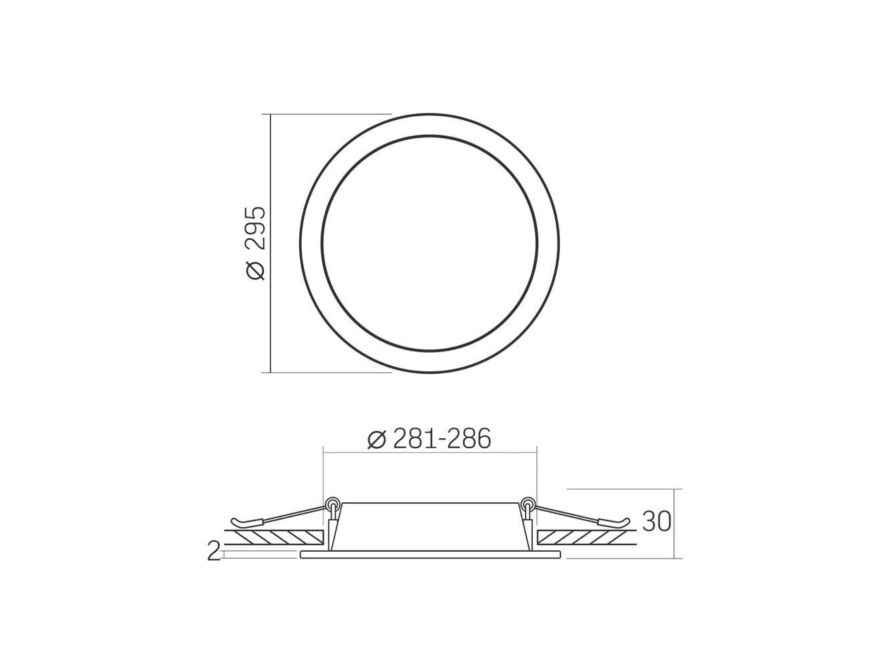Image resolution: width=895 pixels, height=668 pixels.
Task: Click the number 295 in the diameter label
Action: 256,228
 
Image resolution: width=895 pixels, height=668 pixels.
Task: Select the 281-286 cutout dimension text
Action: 442,440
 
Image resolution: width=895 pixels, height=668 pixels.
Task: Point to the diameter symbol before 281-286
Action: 376,440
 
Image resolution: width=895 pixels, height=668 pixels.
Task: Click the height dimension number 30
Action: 656,521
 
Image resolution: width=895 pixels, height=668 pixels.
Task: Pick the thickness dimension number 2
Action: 214,551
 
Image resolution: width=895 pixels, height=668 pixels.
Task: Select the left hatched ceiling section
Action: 275,537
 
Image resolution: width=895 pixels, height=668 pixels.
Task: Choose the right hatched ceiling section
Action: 586,537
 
